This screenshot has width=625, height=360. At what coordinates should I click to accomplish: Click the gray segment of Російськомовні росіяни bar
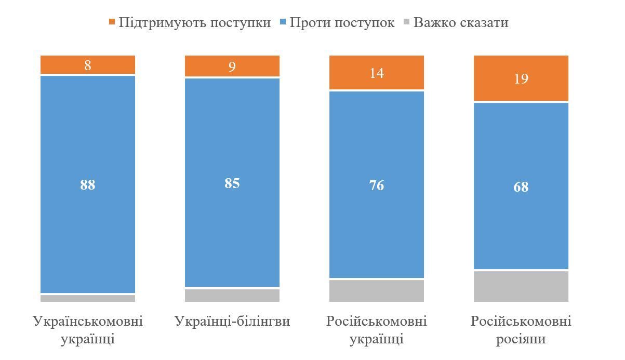521,286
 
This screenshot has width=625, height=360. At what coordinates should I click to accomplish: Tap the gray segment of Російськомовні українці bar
377,291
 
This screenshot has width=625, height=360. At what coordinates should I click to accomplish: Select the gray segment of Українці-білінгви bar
232,296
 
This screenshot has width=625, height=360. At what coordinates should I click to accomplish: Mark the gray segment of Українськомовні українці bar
88,299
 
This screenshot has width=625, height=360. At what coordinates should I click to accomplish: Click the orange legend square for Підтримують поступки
112,22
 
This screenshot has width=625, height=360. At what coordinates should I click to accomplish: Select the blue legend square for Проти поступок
283,22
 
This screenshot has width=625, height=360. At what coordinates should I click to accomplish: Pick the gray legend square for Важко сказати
406,22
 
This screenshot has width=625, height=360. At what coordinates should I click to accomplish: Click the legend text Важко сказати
461,23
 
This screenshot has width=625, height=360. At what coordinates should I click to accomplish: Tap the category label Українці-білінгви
232,322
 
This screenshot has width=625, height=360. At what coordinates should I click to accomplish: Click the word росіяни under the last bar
521,339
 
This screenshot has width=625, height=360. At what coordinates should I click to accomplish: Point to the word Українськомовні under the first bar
88,322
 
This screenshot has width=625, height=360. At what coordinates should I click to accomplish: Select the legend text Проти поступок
341,23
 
